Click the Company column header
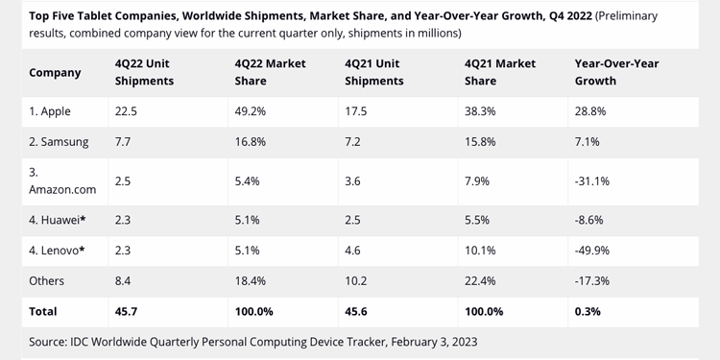(55, 73)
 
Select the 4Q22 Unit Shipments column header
(144, 72)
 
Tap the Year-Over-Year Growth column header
(616, 72)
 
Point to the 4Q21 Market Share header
(500, 72)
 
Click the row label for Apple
(50, 111)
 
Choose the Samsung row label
(59, 142)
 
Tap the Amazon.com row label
(62, 180)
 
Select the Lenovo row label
(57, 251)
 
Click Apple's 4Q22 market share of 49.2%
(251, 111)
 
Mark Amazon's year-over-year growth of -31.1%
(592, 181)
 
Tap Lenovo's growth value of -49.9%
(592, 251)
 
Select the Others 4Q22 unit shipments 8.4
(123, 280)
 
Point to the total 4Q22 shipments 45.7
(126, 311)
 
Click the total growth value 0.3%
(588, 311)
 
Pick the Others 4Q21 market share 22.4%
(480, 280)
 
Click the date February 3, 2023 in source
(434, 342)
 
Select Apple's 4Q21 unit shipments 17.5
(356, 111)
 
